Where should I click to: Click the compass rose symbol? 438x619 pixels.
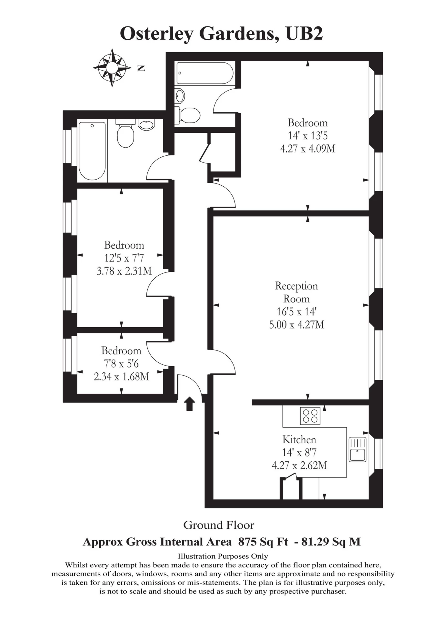112,68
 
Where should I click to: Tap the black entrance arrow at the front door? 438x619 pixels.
189,404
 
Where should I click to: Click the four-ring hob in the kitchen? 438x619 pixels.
310,416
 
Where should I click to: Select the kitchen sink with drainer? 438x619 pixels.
357,449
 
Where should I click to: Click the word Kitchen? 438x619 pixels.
299,440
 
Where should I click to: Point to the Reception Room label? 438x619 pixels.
296,292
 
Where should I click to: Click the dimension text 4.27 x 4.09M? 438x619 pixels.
308,149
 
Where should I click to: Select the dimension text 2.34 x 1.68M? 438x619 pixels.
121,376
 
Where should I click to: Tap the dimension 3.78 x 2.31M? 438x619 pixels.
124,271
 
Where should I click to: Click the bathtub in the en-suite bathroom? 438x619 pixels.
204,74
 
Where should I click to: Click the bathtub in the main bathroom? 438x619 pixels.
92,151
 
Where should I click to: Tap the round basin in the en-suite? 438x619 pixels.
180,96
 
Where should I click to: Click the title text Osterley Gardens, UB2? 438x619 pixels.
221,34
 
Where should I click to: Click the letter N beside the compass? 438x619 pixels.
141,68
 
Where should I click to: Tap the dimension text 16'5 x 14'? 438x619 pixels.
296,312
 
